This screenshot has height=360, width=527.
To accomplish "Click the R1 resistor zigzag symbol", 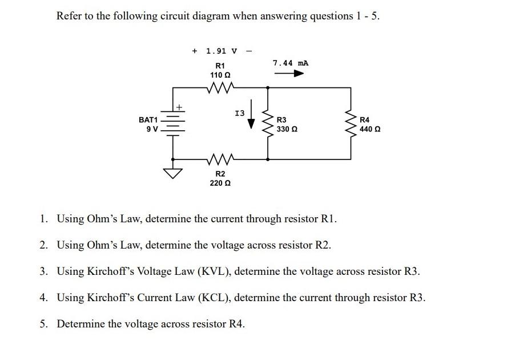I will coord(219,87).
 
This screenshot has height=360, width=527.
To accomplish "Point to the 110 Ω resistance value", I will coord(219,75).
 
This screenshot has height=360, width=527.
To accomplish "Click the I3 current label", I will coord(240,114).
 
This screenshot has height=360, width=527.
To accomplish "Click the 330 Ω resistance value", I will coord(287,129).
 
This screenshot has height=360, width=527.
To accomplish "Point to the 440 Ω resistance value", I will coord(370,129).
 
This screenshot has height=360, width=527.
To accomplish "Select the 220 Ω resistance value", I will coord(220,183).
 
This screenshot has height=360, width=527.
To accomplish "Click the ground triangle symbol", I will coord(172,173).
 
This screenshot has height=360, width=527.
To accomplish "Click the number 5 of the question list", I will coord(43,324).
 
